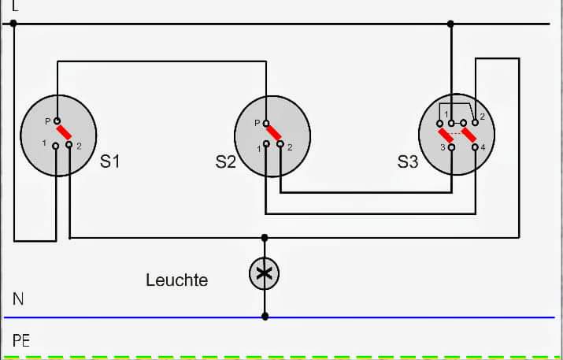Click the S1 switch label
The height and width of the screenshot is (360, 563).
pyautogui.click(x=110, y=162)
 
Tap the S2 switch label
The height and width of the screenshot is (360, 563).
pyautogui.click(x=225, y=162)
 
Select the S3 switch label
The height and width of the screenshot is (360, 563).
pyautogui.click(x=408, y=162)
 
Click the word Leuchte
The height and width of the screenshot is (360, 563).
pyautogui.click(x=176, y=280)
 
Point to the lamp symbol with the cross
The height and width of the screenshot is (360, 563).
pyautogui.click(x=265, y=273)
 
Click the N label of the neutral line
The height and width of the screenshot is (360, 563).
pyautogui.click(x=18, y=299)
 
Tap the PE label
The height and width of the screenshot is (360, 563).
pyautogui.click(x=21, y=341)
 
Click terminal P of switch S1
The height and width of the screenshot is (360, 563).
pyautogui.click(x=57, y=121)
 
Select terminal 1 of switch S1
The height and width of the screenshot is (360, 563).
pyautogui.click(x=56, y=145)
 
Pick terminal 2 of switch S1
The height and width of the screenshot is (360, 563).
pyautogui.click(x=69, y=145)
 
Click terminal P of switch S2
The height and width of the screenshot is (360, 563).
pyautogui.click(x=266, y=123)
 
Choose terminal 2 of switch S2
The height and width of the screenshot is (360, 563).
pyautogui.click(x=280, y=146)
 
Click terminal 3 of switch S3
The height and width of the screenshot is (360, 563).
pyautogui.click(x=451, y=147)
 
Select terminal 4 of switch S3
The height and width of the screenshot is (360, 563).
pyautogui.click(x=475, y=147)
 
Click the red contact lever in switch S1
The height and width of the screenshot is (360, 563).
pyautogui.click(x=64, y=132)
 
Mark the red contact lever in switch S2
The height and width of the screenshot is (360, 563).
pyautogui.click(x=273, y=134)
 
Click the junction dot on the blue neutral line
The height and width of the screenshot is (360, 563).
pyautogui.click(x=265, y=317)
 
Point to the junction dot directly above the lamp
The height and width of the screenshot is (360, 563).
pyautogui.click(x=265, y=237)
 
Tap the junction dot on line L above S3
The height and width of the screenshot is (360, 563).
pyautogui.click(x=451, y=24)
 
